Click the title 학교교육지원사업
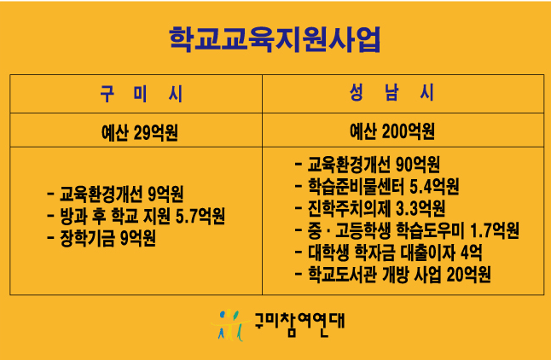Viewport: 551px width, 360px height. (x=275, y=39)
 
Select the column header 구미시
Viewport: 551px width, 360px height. (x=142, y=93)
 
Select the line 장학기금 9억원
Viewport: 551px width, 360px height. (x=107, y=238)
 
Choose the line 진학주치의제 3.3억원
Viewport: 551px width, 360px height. (x=375, y=208)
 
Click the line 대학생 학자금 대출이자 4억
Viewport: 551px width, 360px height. (x=393, y=253)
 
